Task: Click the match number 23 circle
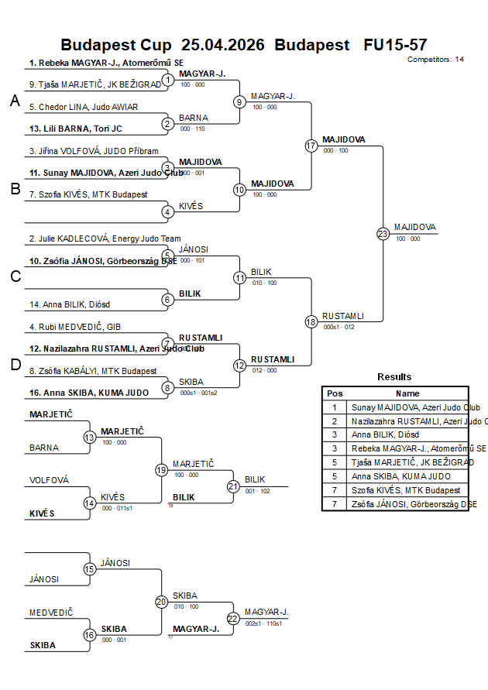(383, 233)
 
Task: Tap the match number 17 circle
(311, 146)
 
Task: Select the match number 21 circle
(233, 486)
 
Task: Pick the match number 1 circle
(168, 80)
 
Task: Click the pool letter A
(15, 101)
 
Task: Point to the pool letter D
(15, 366)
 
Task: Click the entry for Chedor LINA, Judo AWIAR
(73, 107)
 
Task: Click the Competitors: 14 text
(435, 59)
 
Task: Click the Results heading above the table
(394, 376)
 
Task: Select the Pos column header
(335, 393)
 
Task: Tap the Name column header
(407, 393)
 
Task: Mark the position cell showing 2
(335, 421)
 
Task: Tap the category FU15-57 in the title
(395, 45)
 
